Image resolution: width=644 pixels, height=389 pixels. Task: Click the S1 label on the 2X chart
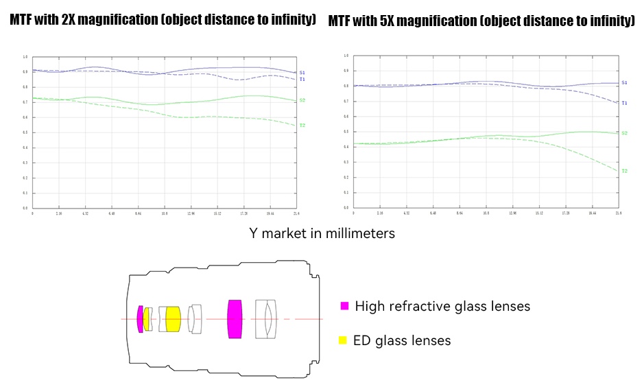tap(302, 72)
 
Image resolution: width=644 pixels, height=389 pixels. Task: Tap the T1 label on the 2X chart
tap(302, 80)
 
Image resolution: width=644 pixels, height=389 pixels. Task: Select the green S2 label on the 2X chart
tap(302, 101)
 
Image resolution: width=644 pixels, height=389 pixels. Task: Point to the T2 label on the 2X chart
tap(302, 126)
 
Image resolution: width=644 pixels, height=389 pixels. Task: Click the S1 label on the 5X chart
tap(624, 82)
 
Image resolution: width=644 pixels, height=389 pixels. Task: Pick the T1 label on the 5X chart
tap(624, 103)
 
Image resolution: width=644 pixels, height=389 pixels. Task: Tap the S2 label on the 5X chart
tap(624, 133)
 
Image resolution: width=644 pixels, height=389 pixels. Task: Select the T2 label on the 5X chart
tap(624, 171)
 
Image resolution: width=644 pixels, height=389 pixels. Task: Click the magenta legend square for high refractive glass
tap(344, 306)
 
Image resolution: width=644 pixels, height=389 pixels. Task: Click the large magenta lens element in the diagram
tap(235, 318)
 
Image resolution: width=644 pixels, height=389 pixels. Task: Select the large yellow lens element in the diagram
tap(173, 319)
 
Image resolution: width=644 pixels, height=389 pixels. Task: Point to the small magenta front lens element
tap(140, 319)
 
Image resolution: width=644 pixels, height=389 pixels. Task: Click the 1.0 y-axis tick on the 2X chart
tap(25, 58)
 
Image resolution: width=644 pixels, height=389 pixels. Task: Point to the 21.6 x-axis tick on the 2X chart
tap(296, 214)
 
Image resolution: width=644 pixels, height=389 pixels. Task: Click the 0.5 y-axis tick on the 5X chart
tap(346, 132)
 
